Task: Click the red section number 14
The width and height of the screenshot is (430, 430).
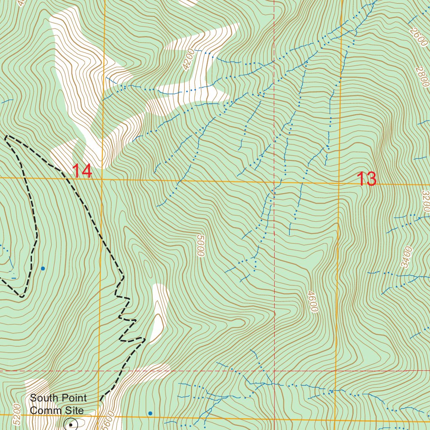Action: click(82, 171)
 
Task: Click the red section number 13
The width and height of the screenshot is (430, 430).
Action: click(367, 179)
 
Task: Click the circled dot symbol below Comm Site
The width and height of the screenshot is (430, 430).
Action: click(70, 425)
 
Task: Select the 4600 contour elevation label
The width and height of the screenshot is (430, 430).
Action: click(312, 302)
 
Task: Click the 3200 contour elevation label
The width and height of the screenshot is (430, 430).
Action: click(425, 201)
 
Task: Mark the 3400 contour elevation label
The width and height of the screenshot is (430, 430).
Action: click(406, 257)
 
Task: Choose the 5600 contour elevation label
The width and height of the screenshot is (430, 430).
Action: click(109, 420)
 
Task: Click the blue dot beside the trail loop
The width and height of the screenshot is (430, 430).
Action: click(42, 268)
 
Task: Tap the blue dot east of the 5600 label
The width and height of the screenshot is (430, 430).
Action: click(150, 413)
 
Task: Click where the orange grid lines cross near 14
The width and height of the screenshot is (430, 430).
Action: click(102, 179)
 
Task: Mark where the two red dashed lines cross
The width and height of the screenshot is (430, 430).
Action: click(274, 371)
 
